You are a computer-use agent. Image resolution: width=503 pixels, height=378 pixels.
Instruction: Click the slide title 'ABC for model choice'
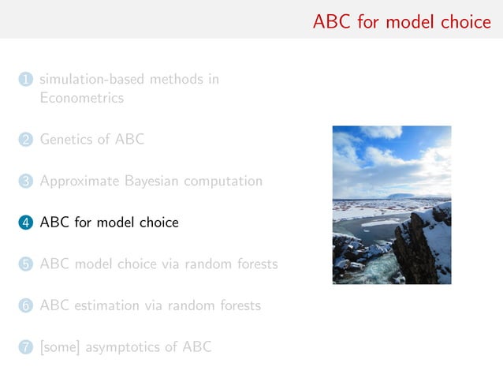pyautogui.click(x=401, y=21)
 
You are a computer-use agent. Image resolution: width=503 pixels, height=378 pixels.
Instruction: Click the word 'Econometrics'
pyautogui.click(x=82, y=99)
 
